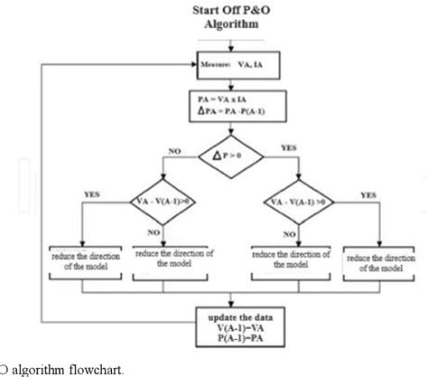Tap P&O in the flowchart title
click(258, 11)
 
